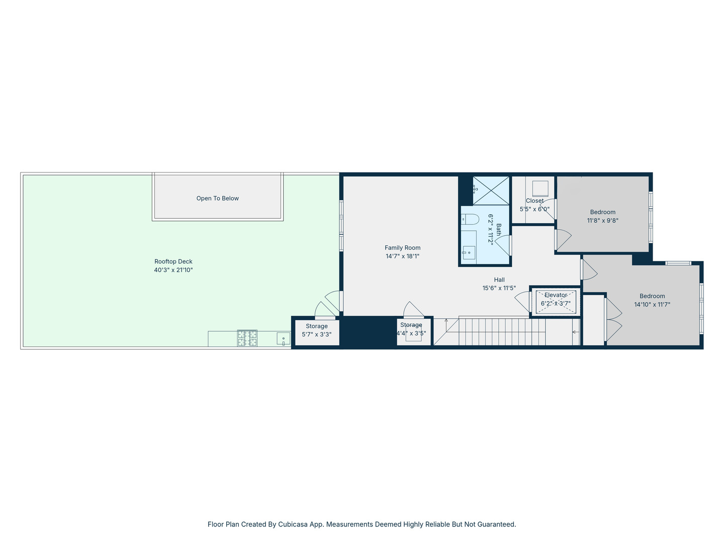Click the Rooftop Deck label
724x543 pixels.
[x=173, y=261]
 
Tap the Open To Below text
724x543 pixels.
[x=217, y=199]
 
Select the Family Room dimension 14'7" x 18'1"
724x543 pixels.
[x=402, y=256]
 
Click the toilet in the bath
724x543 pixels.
[x=470, y=220]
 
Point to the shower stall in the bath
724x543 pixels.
[x=491, y=191]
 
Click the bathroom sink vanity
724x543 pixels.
[x=469, y=251]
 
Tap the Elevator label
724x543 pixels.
[x=556, y=295]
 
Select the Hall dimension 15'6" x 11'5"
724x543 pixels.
[x=499, y=288]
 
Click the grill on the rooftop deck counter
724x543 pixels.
[x=247, y=338]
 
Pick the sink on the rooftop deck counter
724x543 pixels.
[x=284, y=339]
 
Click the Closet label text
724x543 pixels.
[x=534, y=201]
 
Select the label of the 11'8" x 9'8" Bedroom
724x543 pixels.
[x=602, y=212]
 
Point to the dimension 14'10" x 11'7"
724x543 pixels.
[x=652, y=305]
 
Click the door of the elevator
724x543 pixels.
[x=523, y=301]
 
